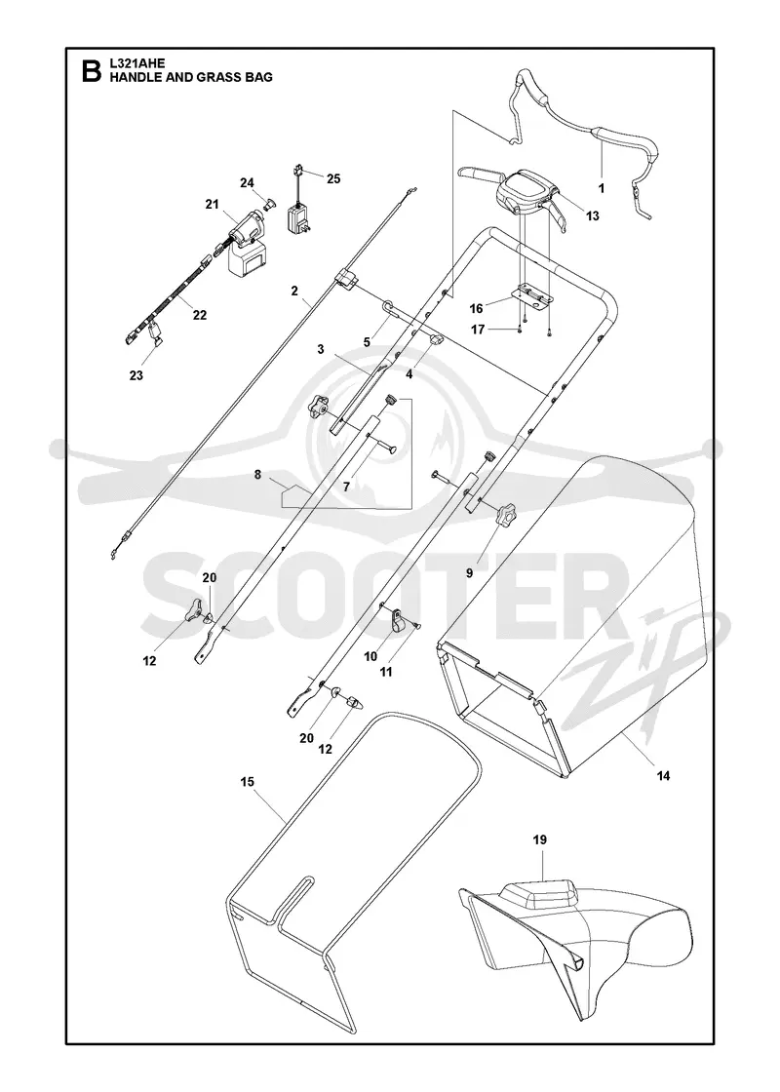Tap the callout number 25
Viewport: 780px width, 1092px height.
click(333, 179)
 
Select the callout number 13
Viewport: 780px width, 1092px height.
click(592, 215)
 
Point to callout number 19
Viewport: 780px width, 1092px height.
click(540, 839)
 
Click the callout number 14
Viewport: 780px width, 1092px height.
click(663, 776)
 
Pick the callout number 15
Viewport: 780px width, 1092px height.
click(248, 782)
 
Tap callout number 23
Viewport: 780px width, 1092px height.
click(136, 376)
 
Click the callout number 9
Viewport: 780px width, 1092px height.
click(469, 572)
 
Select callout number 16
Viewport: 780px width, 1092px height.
click(477, 308)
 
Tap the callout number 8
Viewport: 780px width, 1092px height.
click(257, 475)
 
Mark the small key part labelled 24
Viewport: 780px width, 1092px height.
click(269, 203)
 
